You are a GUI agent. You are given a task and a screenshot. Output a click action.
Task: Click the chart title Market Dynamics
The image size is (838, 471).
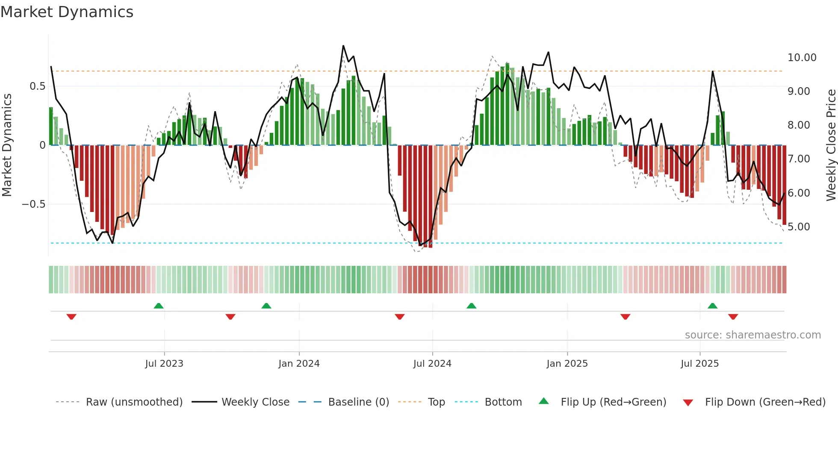[67, 12]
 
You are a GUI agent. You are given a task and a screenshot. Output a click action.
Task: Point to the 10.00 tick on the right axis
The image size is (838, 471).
[802, 58]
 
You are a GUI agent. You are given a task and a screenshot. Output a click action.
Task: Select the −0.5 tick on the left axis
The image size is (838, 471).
[34, 204]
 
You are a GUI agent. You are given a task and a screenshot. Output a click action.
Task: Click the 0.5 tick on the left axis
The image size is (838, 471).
[37, 86]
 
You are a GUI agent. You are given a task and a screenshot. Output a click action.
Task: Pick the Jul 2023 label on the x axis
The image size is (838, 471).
[164, 364]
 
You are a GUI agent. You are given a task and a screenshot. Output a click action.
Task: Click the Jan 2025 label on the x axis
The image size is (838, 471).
[567, 364]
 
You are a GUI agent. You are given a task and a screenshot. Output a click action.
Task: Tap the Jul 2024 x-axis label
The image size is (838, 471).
[432, 364]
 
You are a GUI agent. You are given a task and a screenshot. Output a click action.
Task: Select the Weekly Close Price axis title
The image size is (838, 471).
[831, 145]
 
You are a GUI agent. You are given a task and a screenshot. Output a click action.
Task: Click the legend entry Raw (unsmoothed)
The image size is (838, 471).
[134, 402]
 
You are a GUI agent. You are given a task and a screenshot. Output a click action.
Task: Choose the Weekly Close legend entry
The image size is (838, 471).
[255, 402]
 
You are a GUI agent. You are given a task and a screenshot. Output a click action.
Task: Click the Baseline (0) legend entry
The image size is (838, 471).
[358, 402]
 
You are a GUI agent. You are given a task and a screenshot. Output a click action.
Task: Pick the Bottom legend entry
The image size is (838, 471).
[503, 402]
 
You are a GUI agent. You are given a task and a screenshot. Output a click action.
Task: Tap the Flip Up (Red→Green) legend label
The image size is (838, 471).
[613, 402]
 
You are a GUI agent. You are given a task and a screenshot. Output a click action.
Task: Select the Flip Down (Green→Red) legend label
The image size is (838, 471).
[765, 402]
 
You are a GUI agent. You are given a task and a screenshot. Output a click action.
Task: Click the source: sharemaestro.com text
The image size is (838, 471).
[752, 335]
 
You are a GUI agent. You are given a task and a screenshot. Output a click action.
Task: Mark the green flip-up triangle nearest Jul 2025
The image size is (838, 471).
[712, 306]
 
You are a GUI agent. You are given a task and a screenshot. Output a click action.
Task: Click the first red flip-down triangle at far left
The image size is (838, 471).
[71, 317]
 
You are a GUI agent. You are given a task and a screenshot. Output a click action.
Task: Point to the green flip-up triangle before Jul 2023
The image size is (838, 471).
[159, 306]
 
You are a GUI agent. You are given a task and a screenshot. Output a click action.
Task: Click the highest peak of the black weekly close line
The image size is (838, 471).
[343, 46]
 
